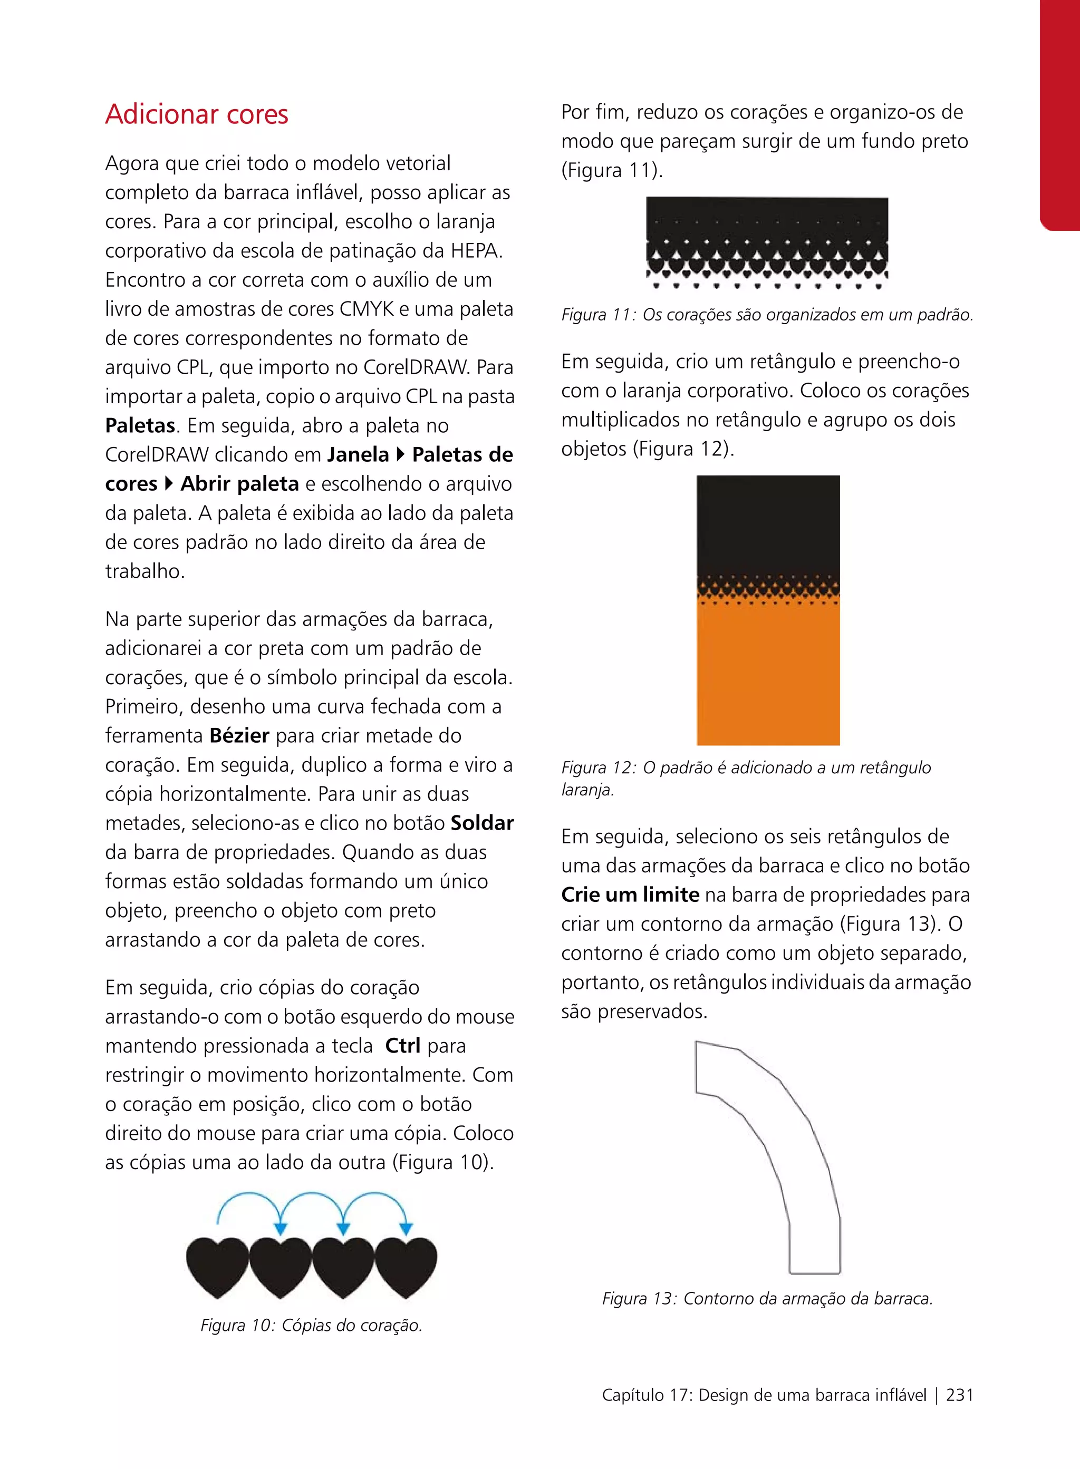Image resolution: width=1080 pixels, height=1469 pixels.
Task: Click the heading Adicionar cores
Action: click(x=196, y=114)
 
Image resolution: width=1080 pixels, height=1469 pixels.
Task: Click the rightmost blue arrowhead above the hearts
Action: click(x=406, y=1229)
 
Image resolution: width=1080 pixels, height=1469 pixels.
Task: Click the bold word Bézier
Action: click(x=239, y=735)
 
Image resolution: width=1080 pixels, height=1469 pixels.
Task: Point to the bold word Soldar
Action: click(x=482, y=823)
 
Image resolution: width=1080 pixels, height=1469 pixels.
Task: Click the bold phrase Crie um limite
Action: click(x=630, y=894)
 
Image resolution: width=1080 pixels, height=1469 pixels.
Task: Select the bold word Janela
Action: click(x=358, y=454)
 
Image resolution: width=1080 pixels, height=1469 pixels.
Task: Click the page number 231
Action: click(x=959, y=1395)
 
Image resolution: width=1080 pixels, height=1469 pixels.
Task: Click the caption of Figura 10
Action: click(x=311, y=1325)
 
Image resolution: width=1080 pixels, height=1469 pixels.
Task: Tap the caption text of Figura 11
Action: click(x=767, y=315)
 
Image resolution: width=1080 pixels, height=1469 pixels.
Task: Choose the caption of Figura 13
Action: click(x=767, y=1298)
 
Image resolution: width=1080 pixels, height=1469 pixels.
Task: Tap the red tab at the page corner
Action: click(x=1060, y=111)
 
